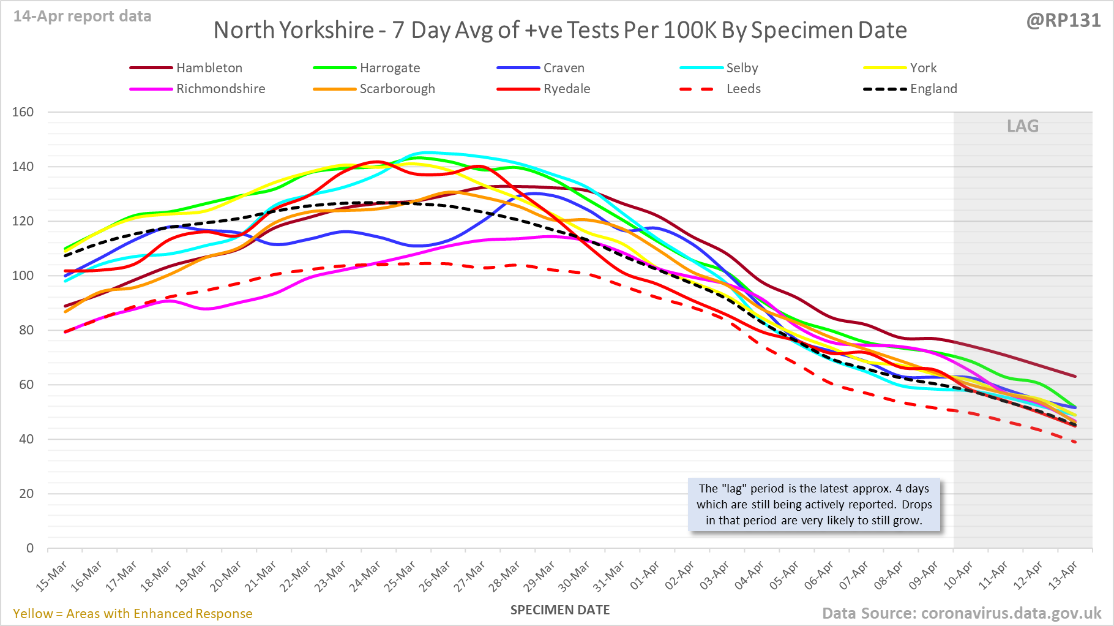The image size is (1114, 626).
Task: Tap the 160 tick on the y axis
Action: point(23,112)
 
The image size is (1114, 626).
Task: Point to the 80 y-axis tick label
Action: point(26,330)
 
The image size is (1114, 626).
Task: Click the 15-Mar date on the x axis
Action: point(52,576)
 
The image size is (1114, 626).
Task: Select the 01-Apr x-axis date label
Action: point(646,576)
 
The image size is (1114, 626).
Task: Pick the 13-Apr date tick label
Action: point(1063,576)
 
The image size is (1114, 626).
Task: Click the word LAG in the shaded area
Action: point(1023,126)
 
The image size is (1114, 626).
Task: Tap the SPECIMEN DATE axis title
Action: point(560,610)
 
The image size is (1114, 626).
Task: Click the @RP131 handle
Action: point(1063,21)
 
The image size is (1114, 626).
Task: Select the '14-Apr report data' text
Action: point(83,17)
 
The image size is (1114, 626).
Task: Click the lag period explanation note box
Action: point(814,505)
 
